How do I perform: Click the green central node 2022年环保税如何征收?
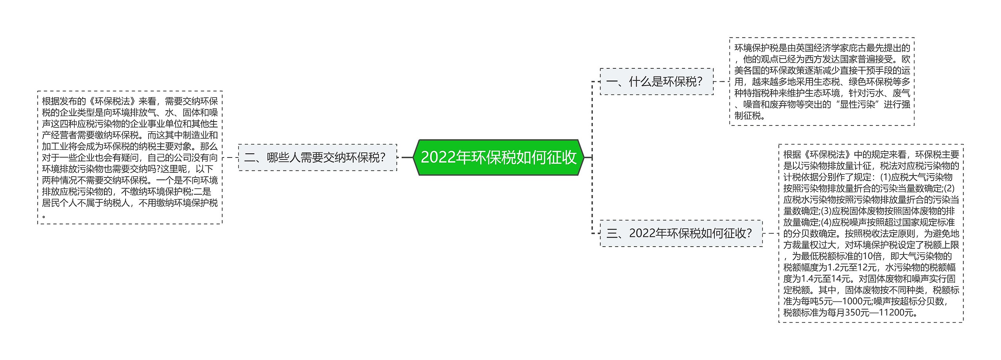click(x=499, y=157)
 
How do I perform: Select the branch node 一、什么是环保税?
click(x=657, y=81)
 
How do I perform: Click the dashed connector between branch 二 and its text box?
click(x=230, y=158)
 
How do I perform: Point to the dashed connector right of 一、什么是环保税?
click(x=721, y=82)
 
